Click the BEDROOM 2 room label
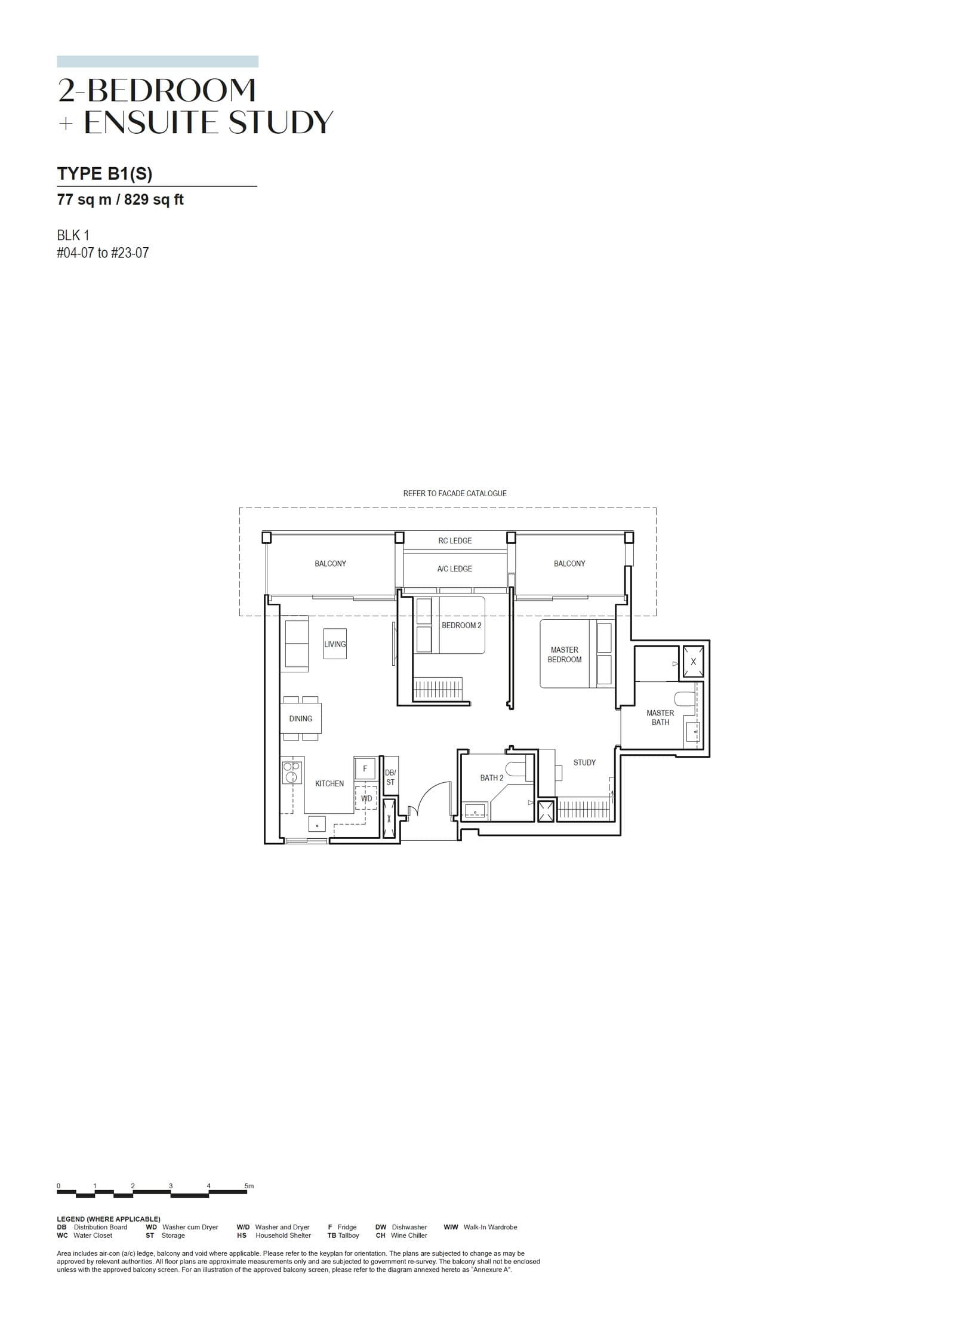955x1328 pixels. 461,625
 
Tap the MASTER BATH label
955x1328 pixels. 660,717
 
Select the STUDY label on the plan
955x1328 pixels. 584,763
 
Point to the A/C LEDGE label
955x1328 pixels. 454,569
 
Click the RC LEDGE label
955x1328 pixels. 455,541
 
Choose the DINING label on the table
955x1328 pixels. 300,719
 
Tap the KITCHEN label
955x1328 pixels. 329,783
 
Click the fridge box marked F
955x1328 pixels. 365,768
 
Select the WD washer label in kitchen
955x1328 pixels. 366,798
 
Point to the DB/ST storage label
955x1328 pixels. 390,777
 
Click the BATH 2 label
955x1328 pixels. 491,778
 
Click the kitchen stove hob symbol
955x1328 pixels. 292,772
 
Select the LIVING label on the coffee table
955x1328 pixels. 334,644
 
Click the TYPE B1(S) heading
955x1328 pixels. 104,174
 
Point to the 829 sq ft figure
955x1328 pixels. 153,200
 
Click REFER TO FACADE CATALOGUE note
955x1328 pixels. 454,494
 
